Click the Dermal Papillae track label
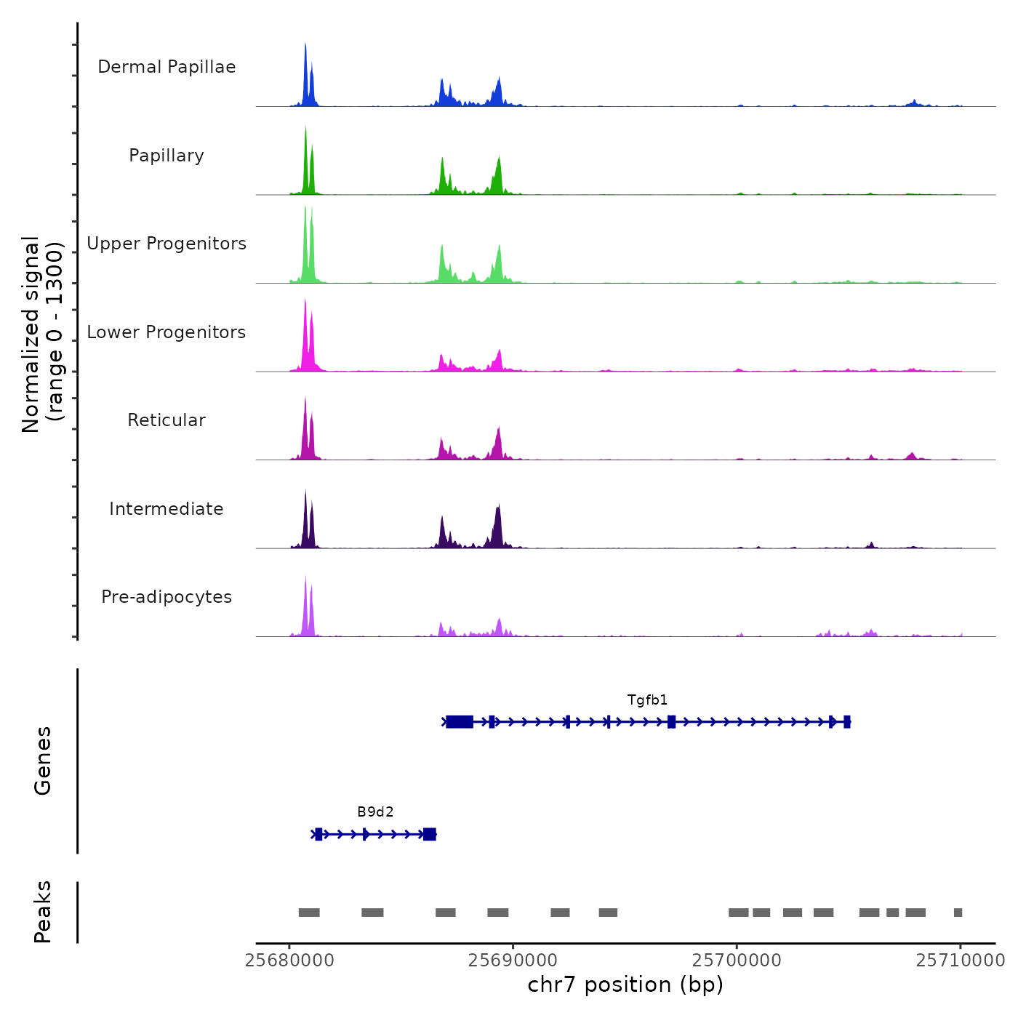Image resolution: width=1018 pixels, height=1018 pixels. click(167, 67)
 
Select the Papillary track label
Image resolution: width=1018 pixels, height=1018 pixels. click(167, 156)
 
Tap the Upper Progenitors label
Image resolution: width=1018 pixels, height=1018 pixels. click(167, 244)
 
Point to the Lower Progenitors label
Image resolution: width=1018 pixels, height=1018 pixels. click(167, 332)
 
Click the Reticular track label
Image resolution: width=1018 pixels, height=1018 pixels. click(167, 420)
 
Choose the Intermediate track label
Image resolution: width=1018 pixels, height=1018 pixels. click(167, 509)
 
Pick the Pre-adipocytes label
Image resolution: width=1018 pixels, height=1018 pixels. click(167, 597)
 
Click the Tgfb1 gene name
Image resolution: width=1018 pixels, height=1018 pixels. click(647, 700)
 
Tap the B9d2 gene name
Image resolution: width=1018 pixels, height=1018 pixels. click(375, 812)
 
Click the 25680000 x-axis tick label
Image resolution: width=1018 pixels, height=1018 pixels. click(289, 961)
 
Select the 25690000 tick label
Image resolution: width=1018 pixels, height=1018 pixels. click(513, 961)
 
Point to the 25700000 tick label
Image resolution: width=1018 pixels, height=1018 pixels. click(737, 961)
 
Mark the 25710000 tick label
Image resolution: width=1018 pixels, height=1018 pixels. click(960, 961)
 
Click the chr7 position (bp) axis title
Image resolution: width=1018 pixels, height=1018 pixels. click(625, 985)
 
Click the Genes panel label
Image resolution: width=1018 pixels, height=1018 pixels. click(43, 761)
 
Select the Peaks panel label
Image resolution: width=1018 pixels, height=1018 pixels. click(43, 912)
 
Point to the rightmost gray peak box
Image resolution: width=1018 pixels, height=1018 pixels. click(958, 913)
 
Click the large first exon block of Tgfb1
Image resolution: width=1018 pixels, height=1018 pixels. click(460, 721)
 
